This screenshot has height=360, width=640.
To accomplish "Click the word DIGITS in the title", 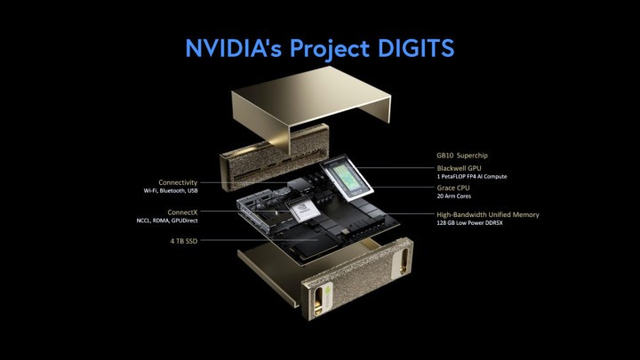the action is coord(416,48).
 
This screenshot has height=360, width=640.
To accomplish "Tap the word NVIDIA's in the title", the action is coord(234,48).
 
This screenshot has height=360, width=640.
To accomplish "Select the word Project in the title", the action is coord(330,50).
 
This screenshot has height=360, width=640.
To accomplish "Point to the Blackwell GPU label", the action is coord(459,168).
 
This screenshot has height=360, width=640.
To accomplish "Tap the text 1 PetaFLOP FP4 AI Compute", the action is coord(472,177).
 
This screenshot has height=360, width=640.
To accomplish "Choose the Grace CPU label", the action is coord(453,188).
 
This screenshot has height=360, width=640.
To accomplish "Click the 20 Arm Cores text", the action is coord(454,196).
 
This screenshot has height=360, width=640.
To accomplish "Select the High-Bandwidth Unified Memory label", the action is coord(488,215).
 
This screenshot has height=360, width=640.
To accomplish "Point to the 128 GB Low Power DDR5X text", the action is coord(470,223).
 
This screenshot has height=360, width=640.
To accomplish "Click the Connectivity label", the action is coord(178,182).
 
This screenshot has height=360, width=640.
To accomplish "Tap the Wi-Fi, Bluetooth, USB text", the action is coord(171,190).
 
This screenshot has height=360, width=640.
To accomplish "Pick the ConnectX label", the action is coord(182,212).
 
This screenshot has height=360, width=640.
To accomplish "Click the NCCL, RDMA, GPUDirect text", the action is coord(167,220).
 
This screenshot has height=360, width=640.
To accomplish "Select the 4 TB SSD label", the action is coord(184,241).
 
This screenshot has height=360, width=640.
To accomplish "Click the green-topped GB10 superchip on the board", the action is coord(347,179).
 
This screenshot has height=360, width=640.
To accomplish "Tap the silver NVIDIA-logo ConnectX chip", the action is coord(304,210).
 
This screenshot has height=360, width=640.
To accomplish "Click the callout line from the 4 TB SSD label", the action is coord(260,241).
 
